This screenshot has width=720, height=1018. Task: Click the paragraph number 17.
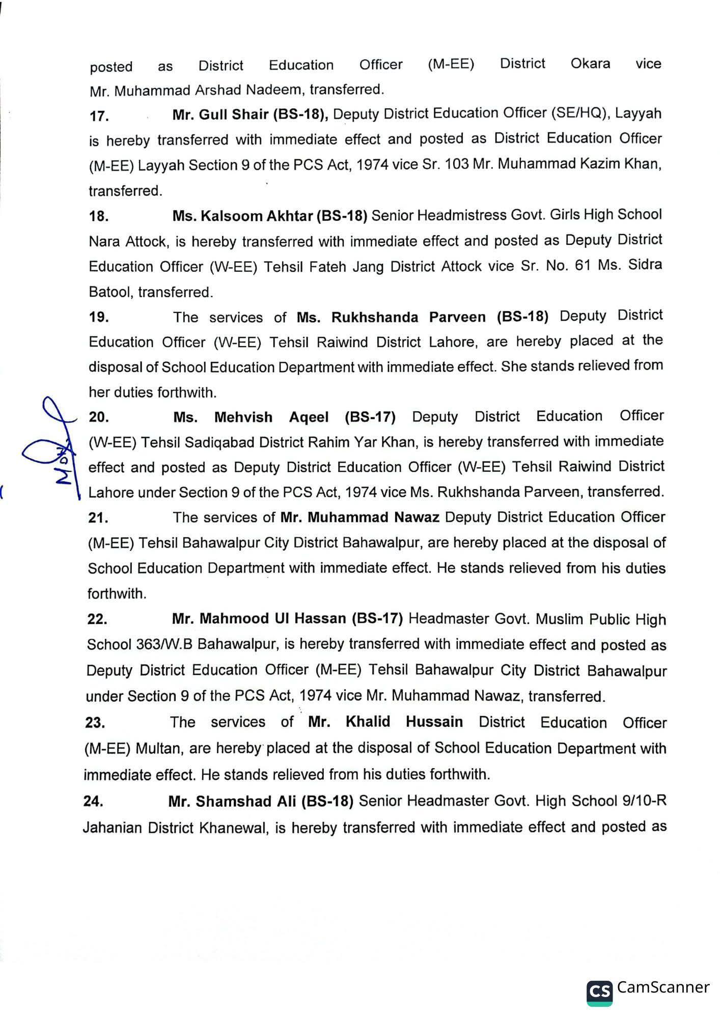(99, 116)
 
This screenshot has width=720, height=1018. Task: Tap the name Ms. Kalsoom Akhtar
(242, 216)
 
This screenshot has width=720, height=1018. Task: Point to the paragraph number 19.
(99, 317)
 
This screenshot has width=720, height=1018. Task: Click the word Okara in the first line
(590, 64)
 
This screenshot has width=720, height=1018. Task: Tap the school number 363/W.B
(164, 644)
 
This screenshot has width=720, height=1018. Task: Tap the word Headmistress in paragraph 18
(460, 215)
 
